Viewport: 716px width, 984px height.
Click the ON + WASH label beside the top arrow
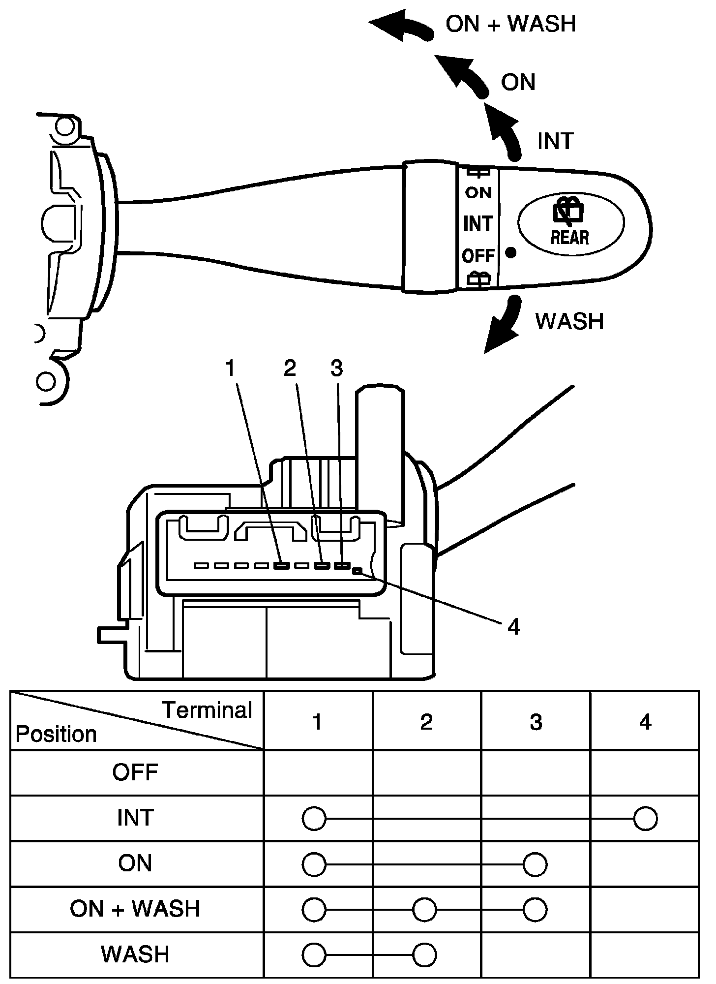click(x=510, y=24)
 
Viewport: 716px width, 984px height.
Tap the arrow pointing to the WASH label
click(x=503, y=324)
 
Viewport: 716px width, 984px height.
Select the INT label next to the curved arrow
click(x=556, y=141)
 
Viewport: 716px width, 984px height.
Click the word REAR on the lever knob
click(x=570, y=238)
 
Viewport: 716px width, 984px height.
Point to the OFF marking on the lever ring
click(x=478, y=256)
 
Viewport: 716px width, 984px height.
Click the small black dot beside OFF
click(x=511, y=253)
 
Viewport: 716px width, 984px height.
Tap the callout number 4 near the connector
click(x=513, y=627)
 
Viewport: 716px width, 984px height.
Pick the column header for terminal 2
click(x=426, y=722)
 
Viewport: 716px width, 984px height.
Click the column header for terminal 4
click(x=645, y=722)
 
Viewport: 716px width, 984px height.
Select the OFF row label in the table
click(x=135, y=772)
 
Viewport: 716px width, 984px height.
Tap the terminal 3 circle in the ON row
click(x=535, y=864)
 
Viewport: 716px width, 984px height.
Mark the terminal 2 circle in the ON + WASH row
click(x=424, y=910)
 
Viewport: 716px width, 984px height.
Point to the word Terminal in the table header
click(x=207, y=710)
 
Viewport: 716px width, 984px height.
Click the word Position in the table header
click(x=56, y=735)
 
